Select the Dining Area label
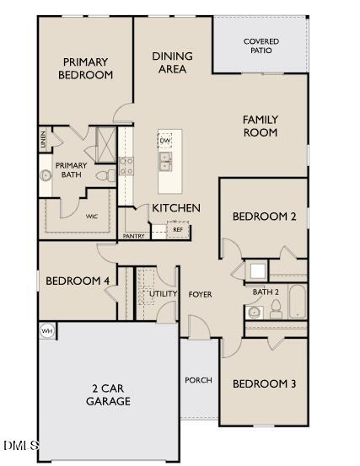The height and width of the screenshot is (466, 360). pos(172,62)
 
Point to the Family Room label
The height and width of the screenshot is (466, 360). pos(261,126)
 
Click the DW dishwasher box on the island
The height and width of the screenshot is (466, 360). pos(164,140)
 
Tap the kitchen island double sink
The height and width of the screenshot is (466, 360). pos(166,160)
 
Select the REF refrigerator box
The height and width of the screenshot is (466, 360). pos(178,229)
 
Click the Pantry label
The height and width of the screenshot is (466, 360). pos(133,237)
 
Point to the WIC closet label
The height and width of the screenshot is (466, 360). pos(91,217)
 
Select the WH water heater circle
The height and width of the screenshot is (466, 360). pos(47,331)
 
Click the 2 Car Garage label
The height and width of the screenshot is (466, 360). pos(110,395)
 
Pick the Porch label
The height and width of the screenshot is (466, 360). pos(198,380)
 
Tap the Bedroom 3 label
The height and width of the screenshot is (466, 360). pos(264,384)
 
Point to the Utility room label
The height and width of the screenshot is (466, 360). pos(163,294)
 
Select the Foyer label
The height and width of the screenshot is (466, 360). pos(200,294)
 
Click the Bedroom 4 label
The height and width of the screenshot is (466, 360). pos(77,281)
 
